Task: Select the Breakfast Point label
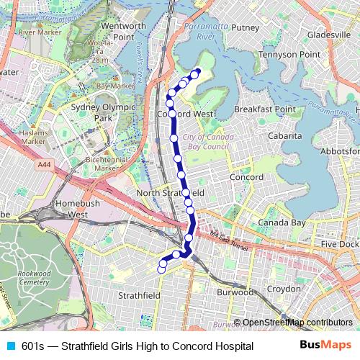click(x=264, y=109)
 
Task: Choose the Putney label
click(x=245, y=28)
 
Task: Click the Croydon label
click(x=283, y=289)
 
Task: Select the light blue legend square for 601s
click(x=9, y=346)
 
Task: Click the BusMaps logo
click(x=326, y=346)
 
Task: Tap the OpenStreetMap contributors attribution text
click(x=297, y=323)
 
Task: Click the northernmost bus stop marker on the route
click(x=197, y=71)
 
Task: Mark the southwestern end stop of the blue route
click(x=161, y=269)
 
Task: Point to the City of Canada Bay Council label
click(x=205, y=142)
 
